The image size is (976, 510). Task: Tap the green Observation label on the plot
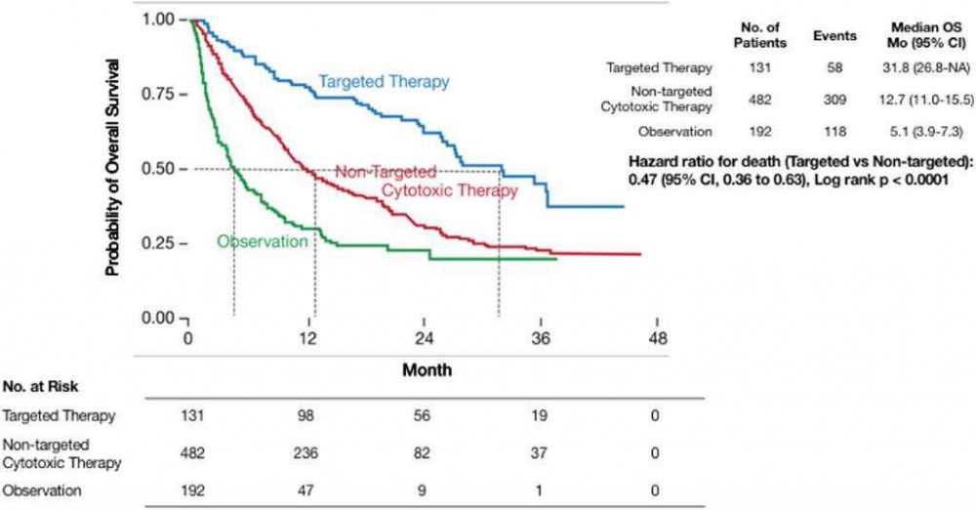tap(262, 240)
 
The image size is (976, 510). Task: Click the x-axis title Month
tap(427, 370)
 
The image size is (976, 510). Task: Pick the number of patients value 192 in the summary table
tap(752, 131)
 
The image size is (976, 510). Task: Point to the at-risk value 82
tap(424, 453)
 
